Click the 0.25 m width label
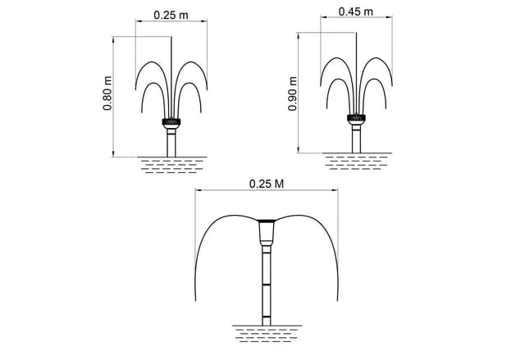coord(171,15)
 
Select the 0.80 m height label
coord(107,93)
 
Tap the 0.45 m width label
coord(355,11)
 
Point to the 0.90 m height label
coord(292,93)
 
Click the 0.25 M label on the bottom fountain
coord(267,184)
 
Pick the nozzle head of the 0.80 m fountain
coord(171,122)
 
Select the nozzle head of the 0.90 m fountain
coord(356,119)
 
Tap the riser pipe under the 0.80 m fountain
coord(171,143)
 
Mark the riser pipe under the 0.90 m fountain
coord(356,139)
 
